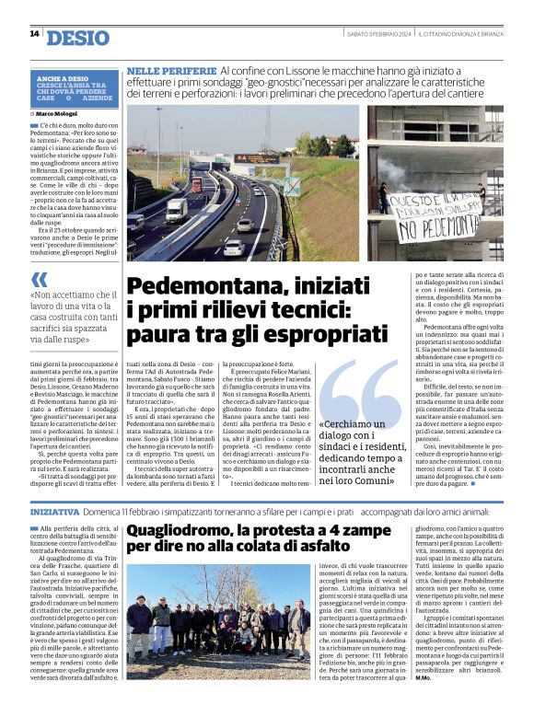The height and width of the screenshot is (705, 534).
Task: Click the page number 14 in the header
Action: (34, 34)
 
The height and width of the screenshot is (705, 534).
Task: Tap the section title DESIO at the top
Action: (77, 38)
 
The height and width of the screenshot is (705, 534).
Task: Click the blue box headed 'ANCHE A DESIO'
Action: (77, 90)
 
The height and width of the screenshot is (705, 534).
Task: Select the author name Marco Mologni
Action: (61, 114)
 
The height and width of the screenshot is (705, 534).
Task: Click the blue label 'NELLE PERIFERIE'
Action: (172, 71)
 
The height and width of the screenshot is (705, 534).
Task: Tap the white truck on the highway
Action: (176, 211)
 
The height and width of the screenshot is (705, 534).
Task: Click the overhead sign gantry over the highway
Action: (256, 158)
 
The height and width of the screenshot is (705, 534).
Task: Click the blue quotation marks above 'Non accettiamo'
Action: (39, 279)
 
